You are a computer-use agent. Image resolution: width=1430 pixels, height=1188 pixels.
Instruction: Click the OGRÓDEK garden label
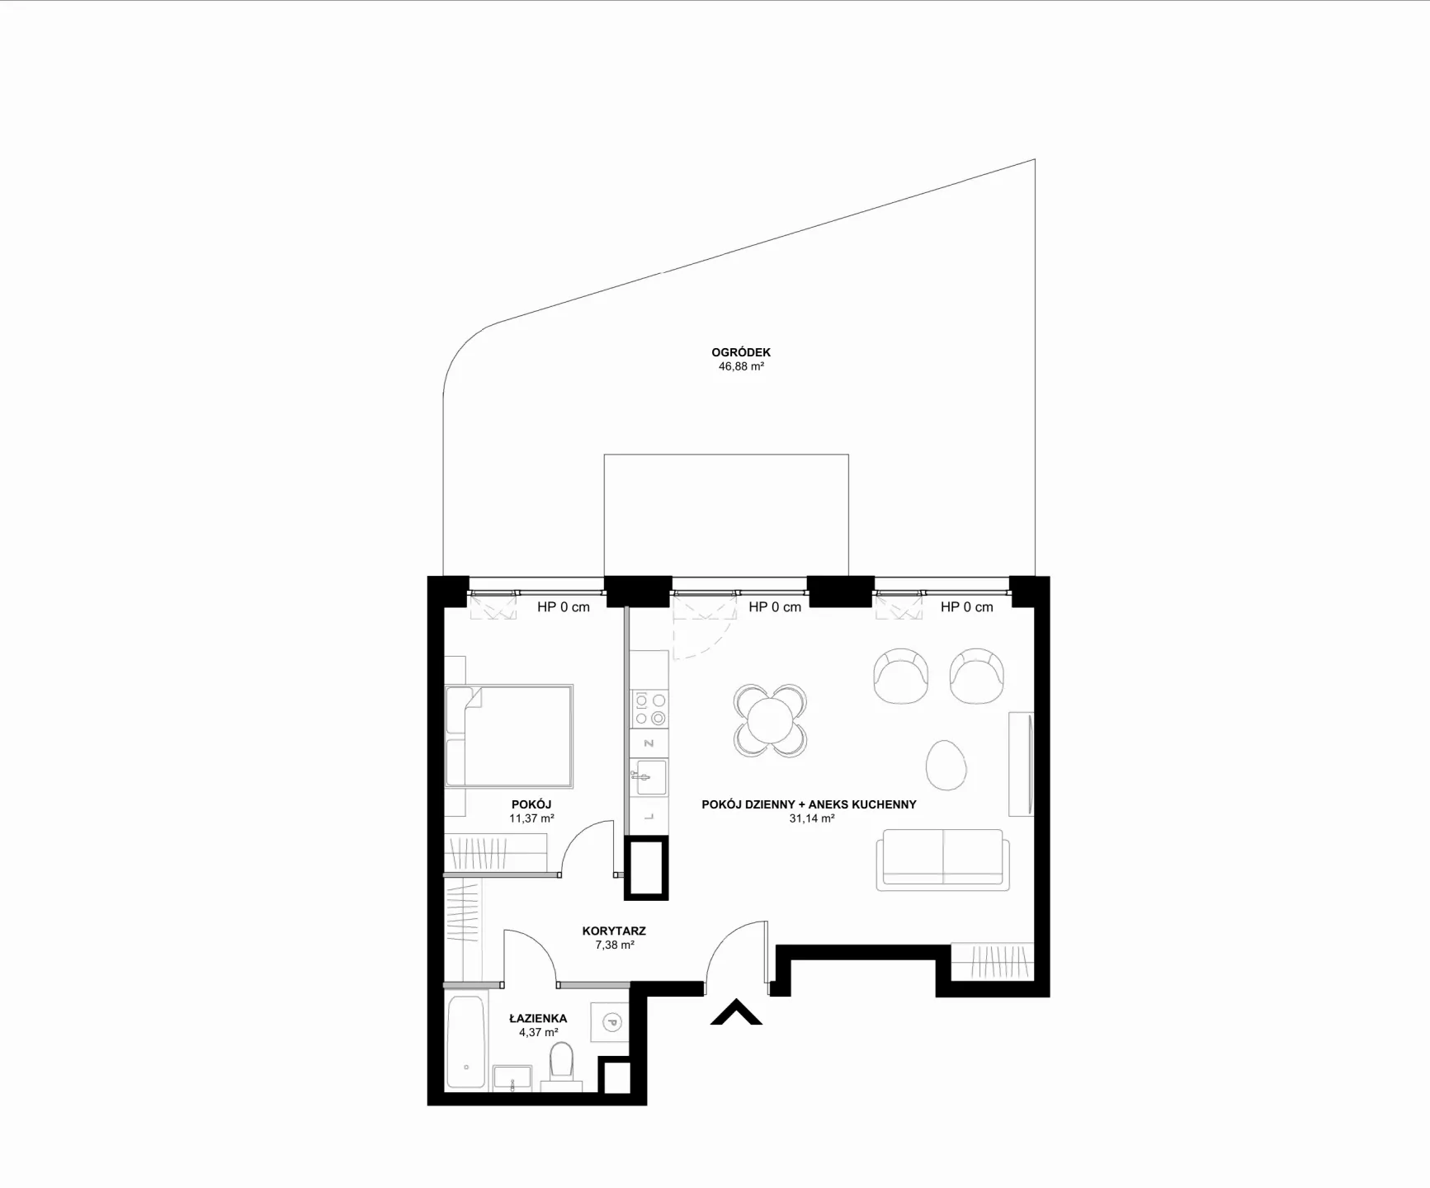741,352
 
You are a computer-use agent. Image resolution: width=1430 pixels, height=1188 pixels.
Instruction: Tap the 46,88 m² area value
741,366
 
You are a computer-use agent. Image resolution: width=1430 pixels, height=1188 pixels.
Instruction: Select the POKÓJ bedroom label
531,804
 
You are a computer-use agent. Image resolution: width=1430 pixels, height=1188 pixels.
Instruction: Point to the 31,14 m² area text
812,818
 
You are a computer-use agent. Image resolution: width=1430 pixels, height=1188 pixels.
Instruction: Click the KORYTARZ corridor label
614,931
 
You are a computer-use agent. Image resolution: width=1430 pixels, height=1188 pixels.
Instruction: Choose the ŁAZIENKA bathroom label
538,1018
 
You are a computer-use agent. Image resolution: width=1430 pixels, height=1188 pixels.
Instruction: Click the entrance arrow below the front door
736,1013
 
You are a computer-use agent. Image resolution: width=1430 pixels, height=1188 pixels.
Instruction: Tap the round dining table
770,721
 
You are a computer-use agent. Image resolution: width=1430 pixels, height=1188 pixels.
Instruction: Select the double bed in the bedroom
508,735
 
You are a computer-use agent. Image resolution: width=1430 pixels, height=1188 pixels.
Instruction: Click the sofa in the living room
943,860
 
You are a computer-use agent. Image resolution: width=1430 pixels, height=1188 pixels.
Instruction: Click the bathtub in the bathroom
465,1043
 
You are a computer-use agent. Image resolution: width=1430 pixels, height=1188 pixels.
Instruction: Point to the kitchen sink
650,777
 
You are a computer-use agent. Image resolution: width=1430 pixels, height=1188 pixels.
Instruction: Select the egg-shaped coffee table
946,765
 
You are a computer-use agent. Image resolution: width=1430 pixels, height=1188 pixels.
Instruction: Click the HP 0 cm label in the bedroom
564,607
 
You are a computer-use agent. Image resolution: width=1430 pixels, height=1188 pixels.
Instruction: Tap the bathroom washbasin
512,1077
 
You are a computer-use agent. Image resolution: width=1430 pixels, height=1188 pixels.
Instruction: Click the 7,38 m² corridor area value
615,945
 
